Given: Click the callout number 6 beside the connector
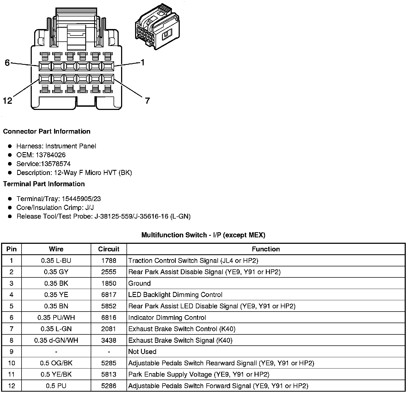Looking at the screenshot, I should [7, 63].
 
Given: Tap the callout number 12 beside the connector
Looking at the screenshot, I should [8, 101].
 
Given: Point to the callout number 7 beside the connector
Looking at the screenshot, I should [147, 101].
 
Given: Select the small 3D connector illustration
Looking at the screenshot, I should [157, 27].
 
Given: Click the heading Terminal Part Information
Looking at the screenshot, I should [44, 184].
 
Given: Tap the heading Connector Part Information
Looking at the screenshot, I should [47, 131].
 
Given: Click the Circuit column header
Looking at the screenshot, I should [109, 249].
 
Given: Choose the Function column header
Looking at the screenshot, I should [266, 249].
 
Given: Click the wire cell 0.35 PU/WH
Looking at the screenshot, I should [56, 317].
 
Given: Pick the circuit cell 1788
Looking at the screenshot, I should [109, 260].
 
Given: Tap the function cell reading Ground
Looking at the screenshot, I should [139, 283].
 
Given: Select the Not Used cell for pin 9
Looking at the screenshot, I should [142, 352].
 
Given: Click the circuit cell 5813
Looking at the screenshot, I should [109, 374].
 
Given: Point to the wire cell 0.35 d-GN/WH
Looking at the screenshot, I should [56, 340].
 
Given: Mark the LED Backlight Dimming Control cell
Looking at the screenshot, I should [175, 295].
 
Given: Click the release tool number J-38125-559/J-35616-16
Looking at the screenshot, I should [131, 216].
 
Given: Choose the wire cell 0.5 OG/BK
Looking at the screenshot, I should [56, 363].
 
